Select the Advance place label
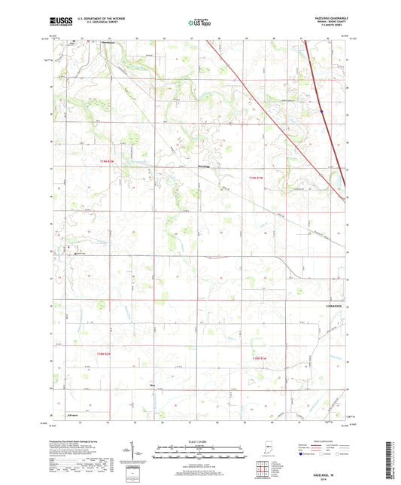[72, 413]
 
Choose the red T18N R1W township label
[260, 358]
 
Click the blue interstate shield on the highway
[321, 111]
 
